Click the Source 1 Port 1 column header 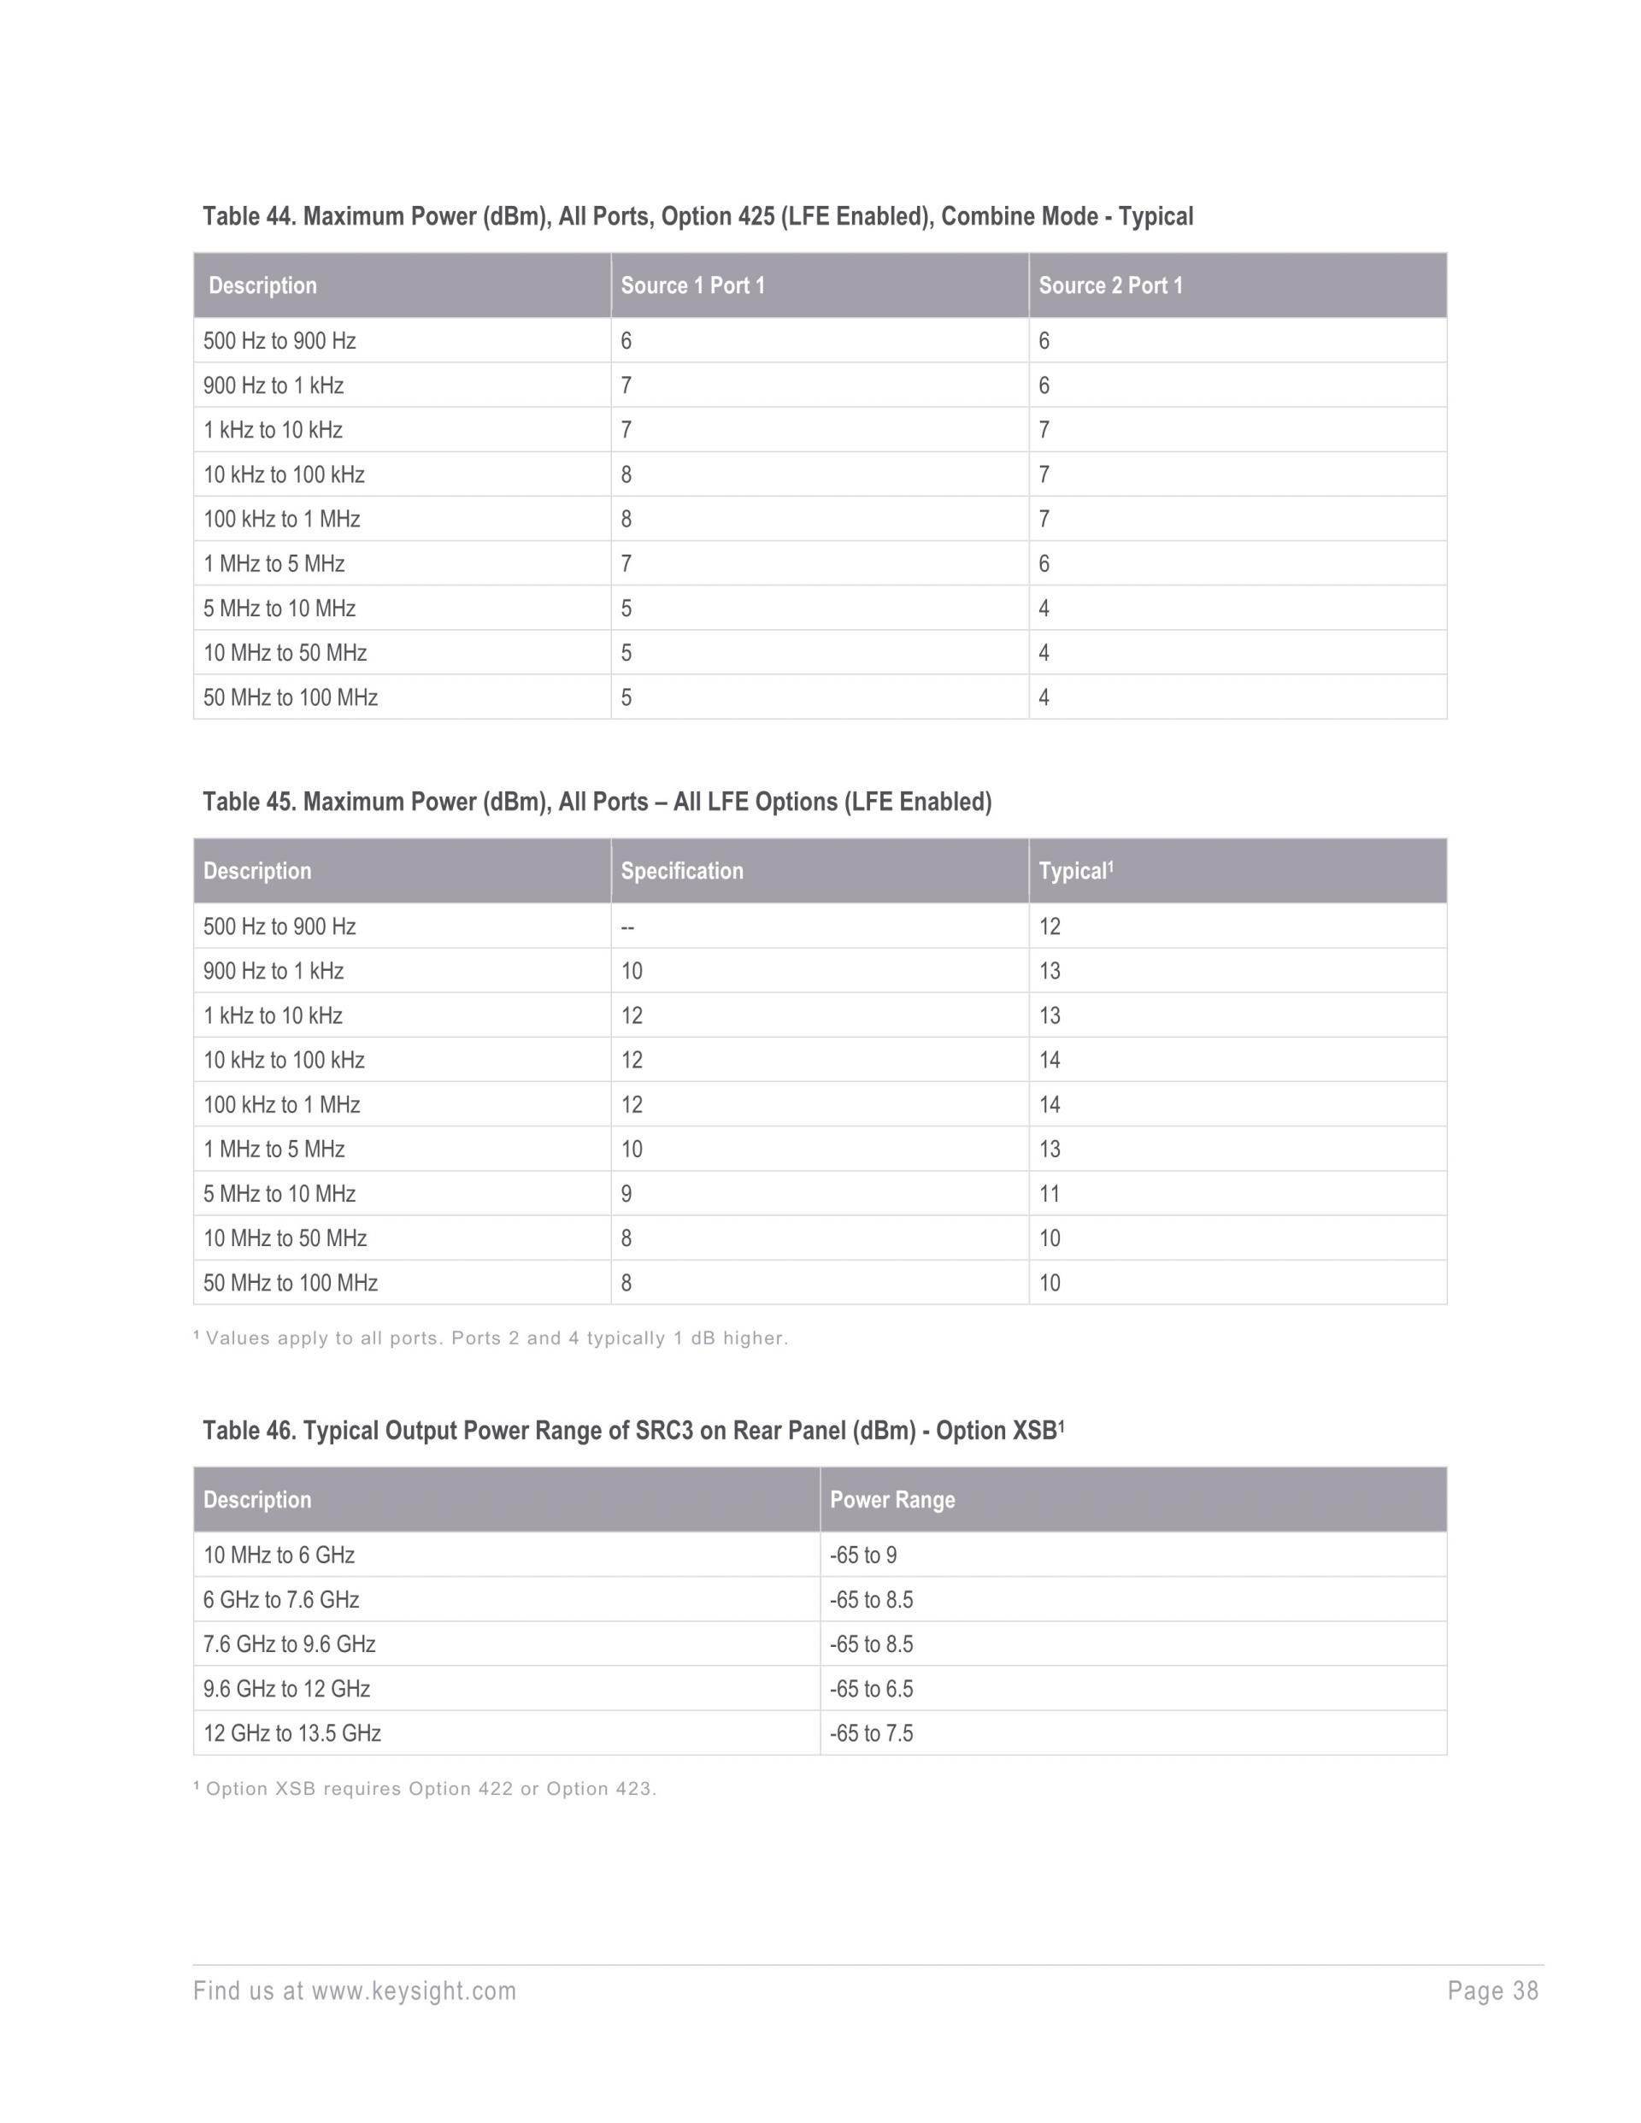click(692, 285)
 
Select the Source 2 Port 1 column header click(1110, 285)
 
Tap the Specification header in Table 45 click(681, 871)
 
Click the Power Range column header click(891, 1500)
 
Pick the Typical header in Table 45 click(1074, 871)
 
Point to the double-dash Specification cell click(627, 926)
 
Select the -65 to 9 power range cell click(862, 1555)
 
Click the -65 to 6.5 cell click(871, 1689)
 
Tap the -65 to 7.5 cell click(871, 1733)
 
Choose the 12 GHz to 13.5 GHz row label click(291, 1733)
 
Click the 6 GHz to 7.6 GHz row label click(281, 1600)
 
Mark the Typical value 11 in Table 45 click(1049, 1194)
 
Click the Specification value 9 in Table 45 click(626, 1194)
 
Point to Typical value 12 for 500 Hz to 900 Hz click(1049, 926)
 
